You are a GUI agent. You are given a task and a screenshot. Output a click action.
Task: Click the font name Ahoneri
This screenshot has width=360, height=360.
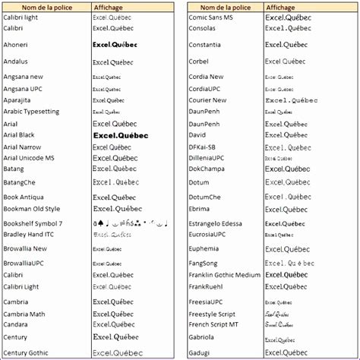click(16, 45)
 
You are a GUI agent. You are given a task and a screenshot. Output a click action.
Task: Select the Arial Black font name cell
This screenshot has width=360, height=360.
click(20, 134)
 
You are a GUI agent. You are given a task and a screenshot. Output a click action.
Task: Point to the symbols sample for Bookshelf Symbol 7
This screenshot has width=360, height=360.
click(130, 224)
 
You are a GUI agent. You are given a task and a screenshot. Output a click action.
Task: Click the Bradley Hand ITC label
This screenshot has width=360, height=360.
click(28, 235)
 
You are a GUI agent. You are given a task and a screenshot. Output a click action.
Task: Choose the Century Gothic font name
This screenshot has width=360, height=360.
click(25, 352)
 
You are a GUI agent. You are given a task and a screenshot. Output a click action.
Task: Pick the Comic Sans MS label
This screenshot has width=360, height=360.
click(212, 16)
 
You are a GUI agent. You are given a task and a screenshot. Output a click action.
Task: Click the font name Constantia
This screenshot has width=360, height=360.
click(206, 45)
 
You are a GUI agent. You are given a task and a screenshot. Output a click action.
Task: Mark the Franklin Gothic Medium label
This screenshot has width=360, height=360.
click(224, 275)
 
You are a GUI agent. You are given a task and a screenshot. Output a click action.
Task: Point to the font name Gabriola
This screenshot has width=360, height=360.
click(202, 336)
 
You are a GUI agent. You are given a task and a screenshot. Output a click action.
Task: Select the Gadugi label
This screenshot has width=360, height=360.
click(199, 352)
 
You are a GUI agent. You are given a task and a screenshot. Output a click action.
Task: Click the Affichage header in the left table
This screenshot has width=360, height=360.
click(108, 7)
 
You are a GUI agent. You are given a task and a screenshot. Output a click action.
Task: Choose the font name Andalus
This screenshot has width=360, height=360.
click(16, 62)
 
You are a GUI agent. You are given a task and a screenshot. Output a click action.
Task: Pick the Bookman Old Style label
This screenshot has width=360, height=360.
click(31, 208)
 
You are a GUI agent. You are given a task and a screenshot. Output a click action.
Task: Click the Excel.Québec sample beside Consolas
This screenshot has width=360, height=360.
click(287, 27)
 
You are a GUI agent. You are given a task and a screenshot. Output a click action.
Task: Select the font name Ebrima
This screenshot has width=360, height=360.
click(201, 208)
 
